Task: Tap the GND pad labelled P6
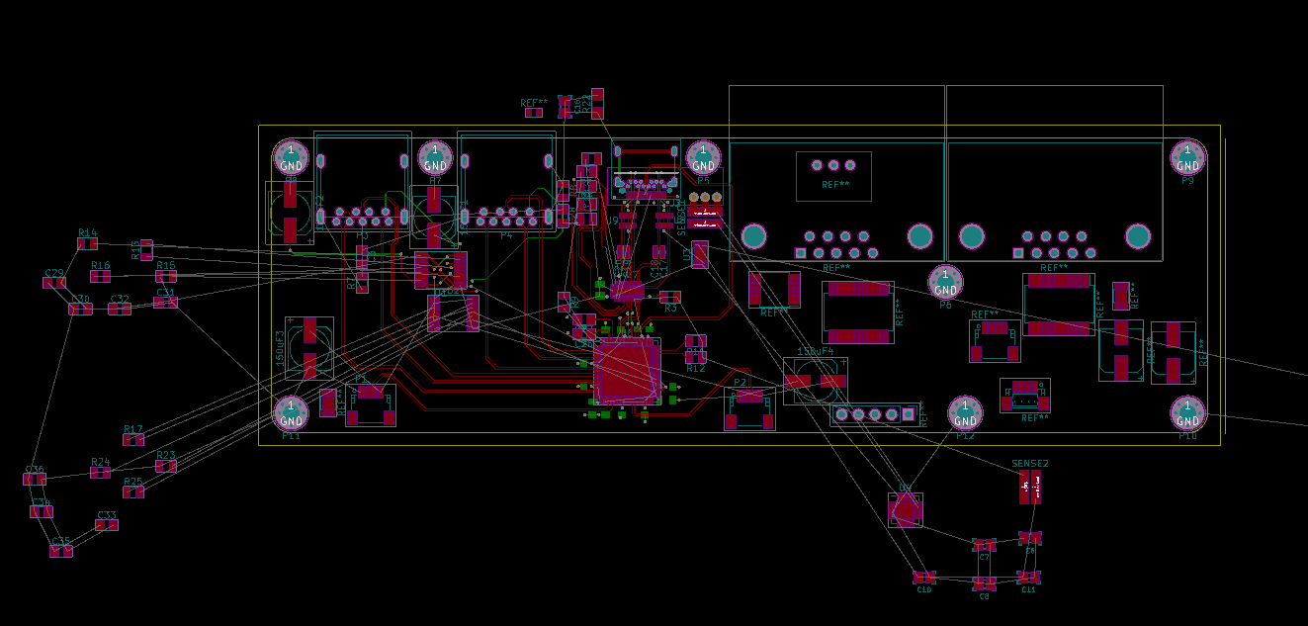(945, 281)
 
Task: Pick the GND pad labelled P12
(965, 411)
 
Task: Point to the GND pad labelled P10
(1187, 411)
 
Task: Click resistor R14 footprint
(88, 243)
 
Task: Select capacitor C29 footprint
(54, 283)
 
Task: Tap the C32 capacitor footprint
(120, 309)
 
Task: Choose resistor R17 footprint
(133, 439)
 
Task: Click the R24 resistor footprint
(101, 473)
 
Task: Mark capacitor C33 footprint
(107, 525)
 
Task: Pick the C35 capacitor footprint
(61, 551)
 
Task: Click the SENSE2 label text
(1030, 464)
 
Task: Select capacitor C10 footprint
(923, 577)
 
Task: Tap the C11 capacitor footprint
(1028, 577)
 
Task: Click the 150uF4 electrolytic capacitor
(816, 381)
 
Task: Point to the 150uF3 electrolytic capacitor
(309, 348)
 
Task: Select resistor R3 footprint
(670, 297)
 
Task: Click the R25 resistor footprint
(133, 492)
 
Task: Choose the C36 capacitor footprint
(35, 480)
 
